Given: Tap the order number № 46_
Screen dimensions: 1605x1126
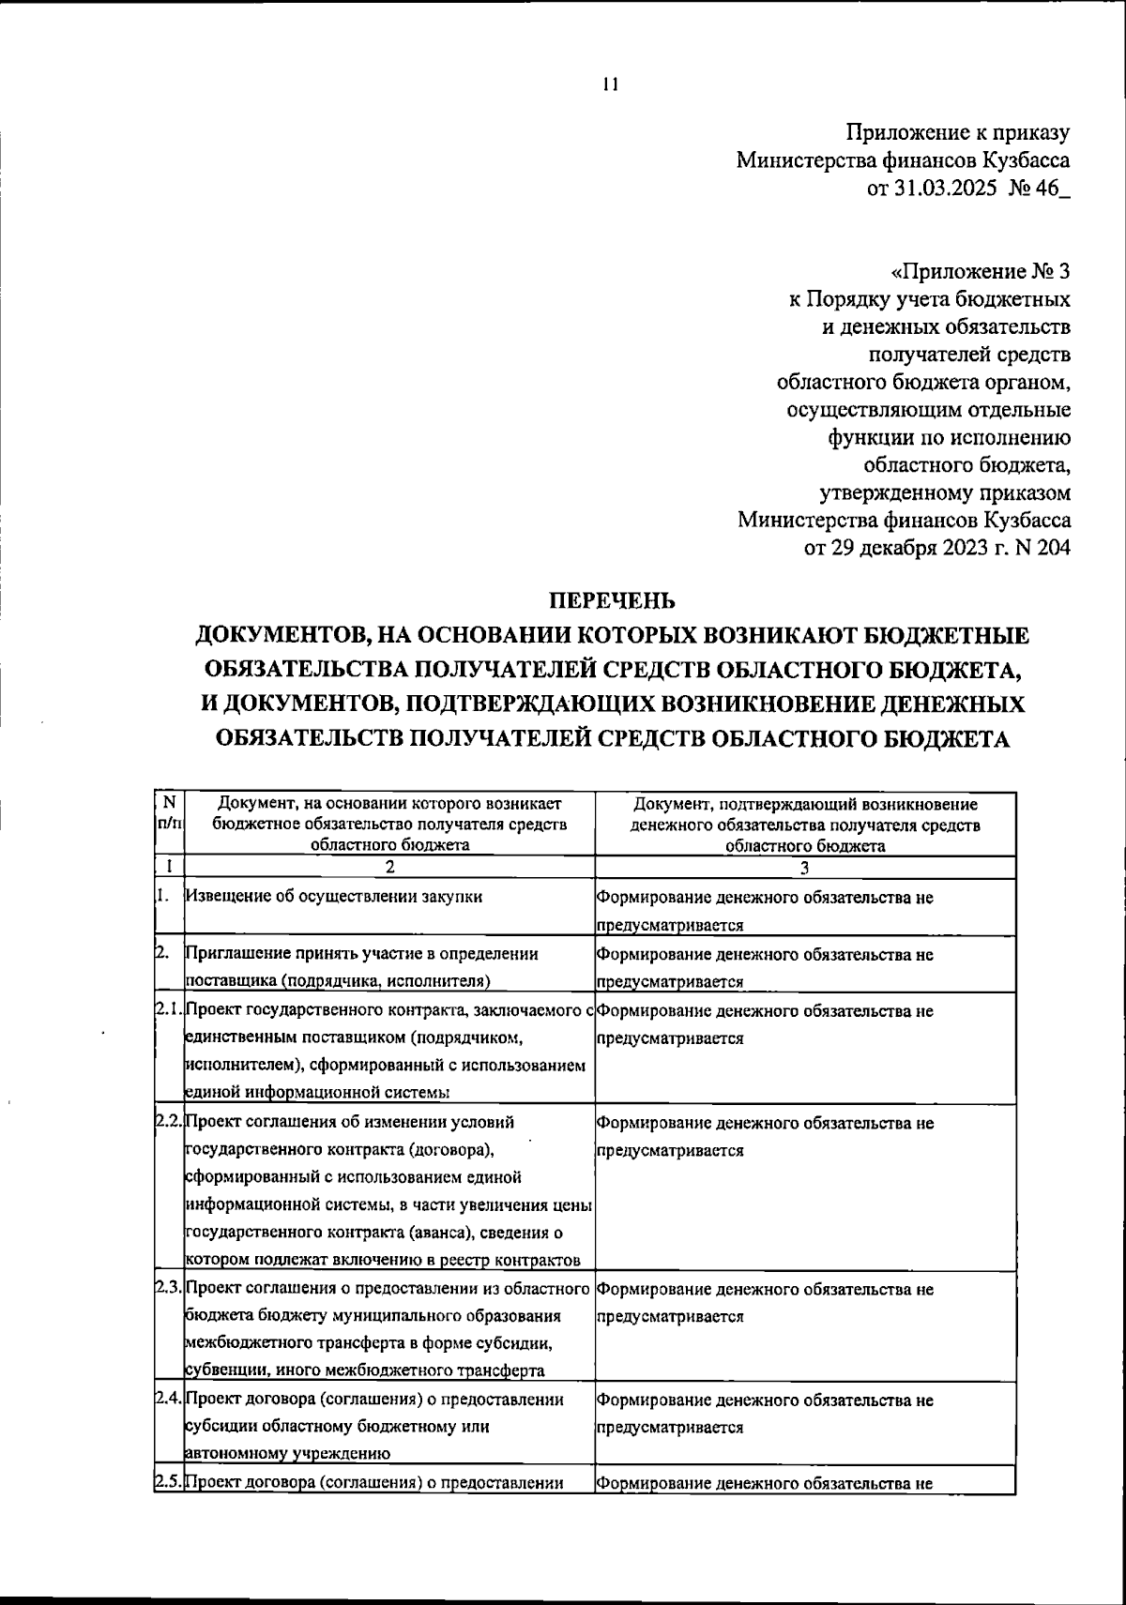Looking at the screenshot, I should point(1039,188).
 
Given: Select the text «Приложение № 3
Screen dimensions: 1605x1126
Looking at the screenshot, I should point(980,273).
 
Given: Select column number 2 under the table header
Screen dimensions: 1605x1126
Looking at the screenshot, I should point(389,867).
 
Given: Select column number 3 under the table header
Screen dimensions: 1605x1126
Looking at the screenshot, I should point(804,867).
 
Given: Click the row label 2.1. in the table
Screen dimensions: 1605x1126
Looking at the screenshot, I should point(169,1011).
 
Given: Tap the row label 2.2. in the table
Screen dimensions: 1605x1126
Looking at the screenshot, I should point(169,1122).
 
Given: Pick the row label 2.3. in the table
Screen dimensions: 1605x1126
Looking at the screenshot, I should point(169,1289).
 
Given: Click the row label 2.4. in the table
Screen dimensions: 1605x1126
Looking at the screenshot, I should point(169,1400).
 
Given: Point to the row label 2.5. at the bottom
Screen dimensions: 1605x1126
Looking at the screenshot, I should point(169,1484).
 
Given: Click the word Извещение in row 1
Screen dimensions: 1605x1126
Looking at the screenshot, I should point(230,896).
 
